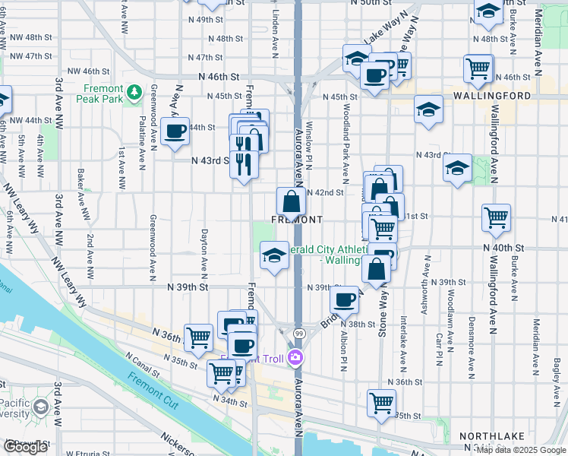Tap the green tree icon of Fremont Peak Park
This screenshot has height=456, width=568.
135,92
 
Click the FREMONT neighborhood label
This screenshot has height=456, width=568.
296,219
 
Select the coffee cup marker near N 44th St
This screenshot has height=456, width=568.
175,131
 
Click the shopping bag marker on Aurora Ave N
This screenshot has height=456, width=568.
291,202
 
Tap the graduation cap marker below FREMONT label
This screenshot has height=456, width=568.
274,255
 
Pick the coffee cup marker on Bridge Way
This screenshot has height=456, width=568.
346,299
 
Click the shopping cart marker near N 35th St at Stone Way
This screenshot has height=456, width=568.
380,403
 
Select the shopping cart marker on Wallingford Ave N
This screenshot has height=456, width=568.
496,218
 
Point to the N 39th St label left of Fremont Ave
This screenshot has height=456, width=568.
188,287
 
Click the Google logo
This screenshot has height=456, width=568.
26,448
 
